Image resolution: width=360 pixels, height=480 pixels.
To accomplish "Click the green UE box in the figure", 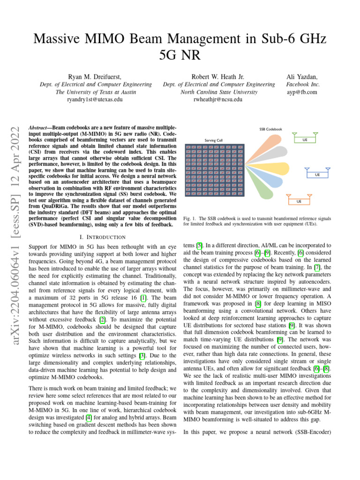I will click(305, 140).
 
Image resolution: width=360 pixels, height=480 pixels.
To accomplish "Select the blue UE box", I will click(317, 174).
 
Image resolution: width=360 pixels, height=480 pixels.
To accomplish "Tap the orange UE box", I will click(298, 201).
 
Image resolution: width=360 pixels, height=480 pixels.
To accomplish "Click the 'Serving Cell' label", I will click(214, 140).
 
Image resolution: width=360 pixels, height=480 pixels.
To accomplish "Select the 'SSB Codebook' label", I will click(270, 129).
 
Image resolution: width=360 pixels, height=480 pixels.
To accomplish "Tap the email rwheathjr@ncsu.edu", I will click(218, 99).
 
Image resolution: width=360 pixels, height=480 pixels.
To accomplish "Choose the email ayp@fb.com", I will click(302, 92).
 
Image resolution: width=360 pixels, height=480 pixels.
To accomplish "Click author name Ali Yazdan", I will click(302, 76).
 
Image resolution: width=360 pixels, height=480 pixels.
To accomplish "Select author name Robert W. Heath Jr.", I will click(218, 76).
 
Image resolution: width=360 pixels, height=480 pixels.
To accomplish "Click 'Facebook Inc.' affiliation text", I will click(302, 84).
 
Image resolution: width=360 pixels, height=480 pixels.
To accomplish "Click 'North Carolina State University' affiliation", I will click(218, 92).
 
